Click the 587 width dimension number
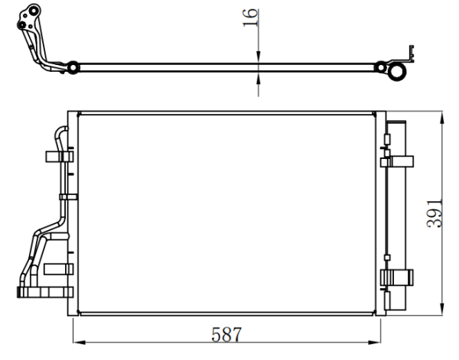226,335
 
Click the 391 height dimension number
435,213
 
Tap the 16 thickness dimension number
250,18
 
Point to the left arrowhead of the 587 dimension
79,342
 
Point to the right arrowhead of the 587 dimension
374,342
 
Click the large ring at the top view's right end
396,72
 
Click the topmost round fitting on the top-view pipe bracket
34,11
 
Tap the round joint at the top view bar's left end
73,67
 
